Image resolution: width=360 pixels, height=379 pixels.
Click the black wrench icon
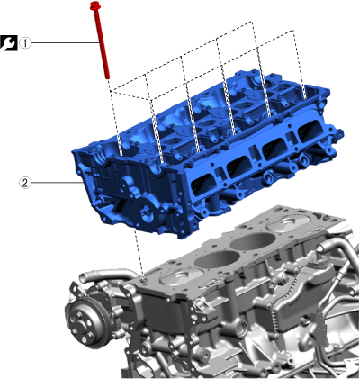tap(9, 43)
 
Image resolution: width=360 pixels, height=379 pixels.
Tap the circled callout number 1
tap(25, 43)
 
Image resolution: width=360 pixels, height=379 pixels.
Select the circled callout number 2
tap(25, 183)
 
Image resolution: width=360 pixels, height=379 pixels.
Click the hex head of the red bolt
tap(95, 5)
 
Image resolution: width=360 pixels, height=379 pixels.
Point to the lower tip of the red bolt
tap(107, 77)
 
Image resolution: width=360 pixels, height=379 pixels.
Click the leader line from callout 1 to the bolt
tap(65, 43)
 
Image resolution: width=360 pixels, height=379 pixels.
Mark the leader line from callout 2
tap(56, 183)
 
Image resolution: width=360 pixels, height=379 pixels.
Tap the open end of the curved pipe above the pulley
tap(83, 277)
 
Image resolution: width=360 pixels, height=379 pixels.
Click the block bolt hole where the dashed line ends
tap(144, 279)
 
